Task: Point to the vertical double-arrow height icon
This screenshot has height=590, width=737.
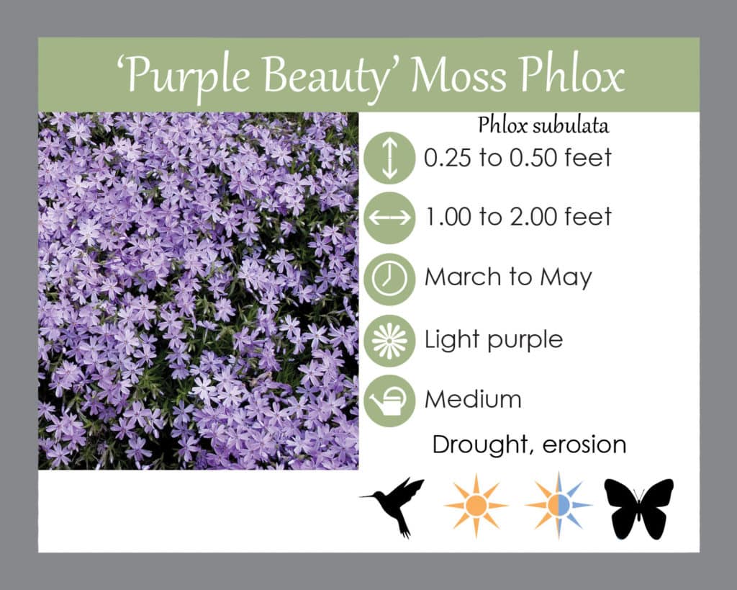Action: click(x=389, y=158)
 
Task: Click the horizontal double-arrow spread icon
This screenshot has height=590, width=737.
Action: click(x=389, y=218)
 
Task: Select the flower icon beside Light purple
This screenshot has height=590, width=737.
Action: click(x=389, y=341)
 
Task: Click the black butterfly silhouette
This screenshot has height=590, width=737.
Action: click(x=639, y=509)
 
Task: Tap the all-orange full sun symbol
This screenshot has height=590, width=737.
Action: click(x=476, y=506)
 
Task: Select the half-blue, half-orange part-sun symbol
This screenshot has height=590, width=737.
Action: click(x=559, y=505)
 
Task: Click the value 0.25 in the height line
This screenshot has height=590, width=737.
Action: click(x=447, y=158)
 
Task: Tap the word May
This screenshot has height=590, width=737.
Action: click(x=566, y=279)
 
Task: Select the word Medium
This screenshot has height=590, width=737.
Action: click(x=473, y=399)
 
